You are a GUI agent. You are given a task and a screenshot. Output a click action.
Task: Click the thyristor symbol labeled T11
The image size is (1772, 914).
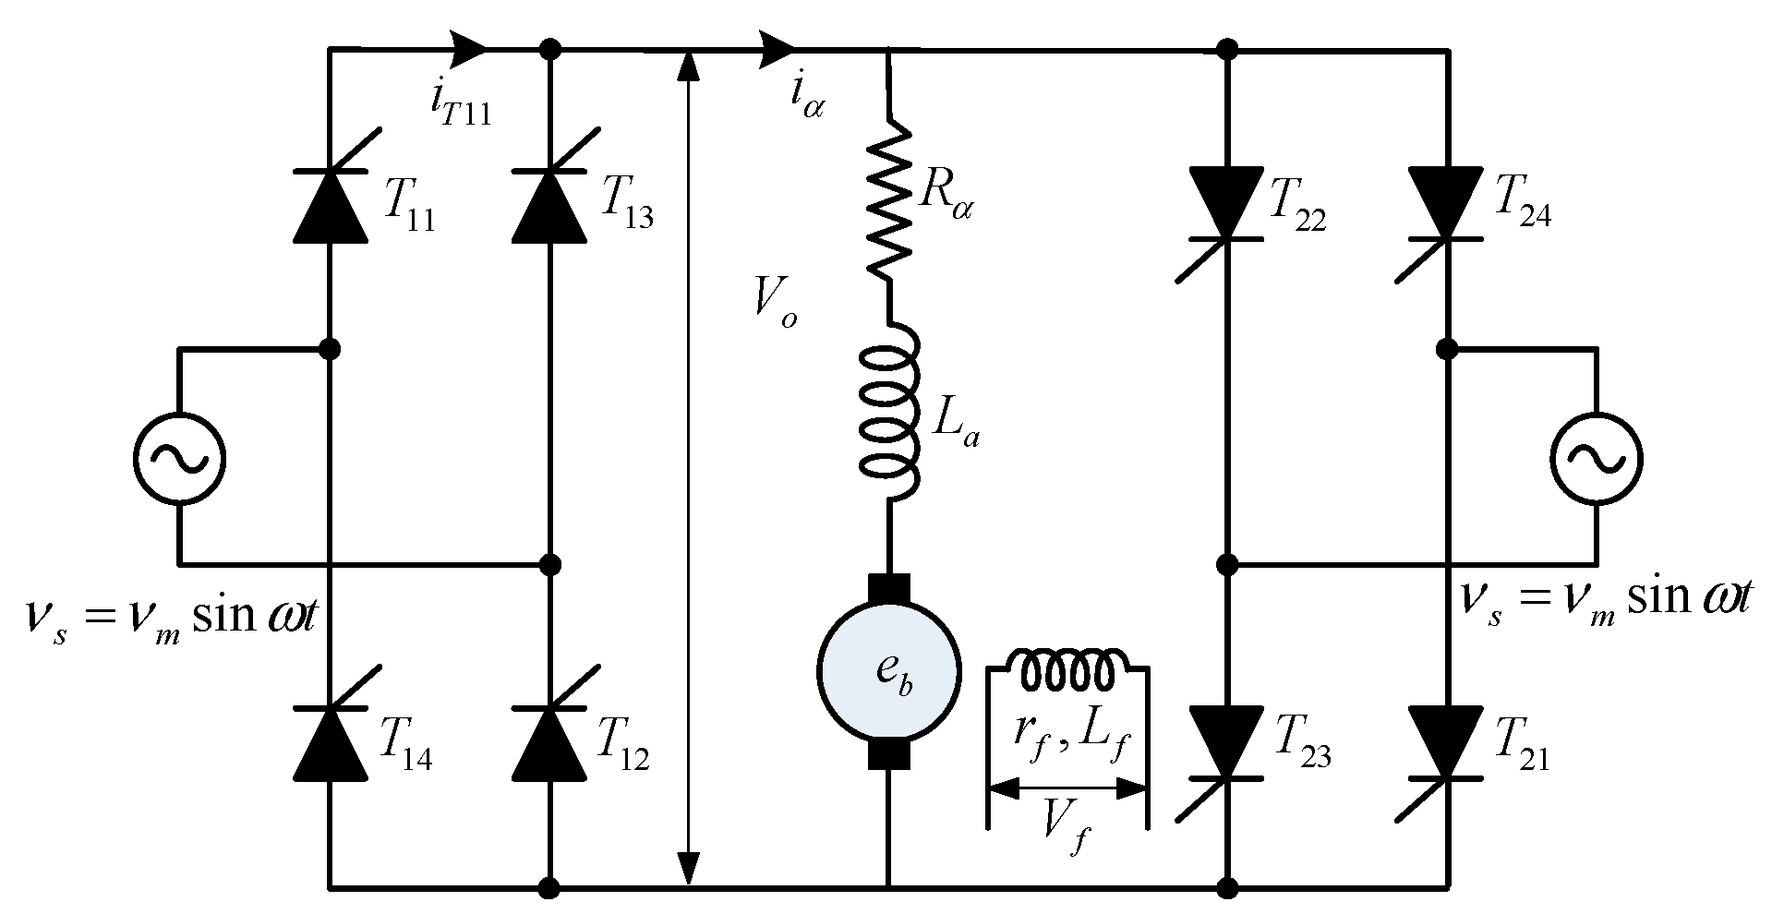coord(330,205)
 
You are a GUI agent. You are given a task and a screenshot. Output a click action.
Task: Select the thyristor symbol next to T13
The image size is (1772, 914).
coord(550,205)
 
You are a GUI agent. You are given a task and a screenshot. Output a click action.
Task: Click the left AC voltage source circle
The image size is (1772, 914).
coord(178,458)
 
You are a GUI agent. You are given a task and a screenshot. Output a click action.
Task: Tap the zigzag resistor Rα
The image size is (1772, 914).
coord(888,199)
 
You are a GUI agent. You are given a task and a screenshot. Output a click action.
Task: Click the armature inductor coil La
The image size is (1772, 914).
coord(888,411)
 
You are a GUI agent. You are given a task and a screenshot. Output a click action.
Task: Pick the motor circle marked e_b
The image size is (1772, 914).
coord(888,670)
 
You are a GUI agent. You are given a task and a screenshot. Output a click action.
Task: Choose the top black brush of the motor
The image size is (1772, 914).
coord(888,588)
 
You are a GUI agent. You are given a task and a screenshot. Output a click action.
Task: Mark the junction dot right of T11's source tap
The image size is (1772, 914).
coord(330,349)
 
